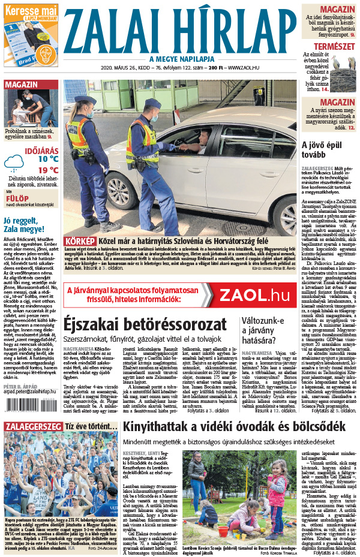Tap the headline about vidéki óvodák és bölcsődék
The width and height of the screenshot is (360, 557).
pyautogui.click(x=233, y=427)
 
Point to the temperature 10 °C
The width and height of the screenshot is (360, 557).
pyautogui.click(x=48, y=159)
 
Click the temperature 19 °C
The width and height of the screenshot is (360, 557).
pyautogui.click(x=48, y=170)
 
